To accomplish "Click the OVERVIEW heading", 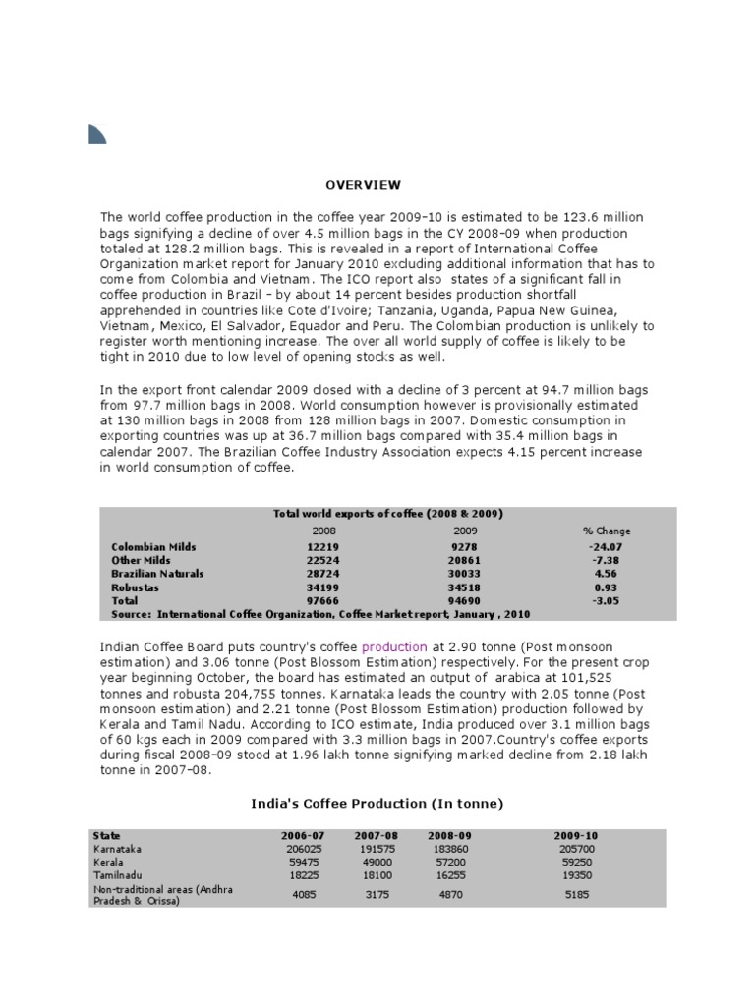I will pos(364,184).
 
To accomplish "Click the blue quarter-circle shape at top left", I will pos(96,134).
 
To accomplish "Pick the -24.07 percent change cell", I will pos(607,546).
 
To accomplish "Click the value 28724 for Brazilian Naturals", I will pos(322,573).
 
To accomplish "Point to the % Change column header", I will pos(607,531).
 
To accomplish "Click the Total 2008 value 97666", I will pos(322,599).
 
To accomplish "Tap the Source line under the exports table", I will pos(320,613).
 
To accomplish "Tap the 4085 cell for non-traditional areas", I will pos(302,893).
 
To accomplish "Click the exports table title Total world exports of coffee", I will pos(387,514).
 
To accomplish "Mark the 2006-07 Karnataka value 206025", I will pos(302,848).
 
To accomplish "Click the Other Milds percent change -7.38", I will pos(607,560).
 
